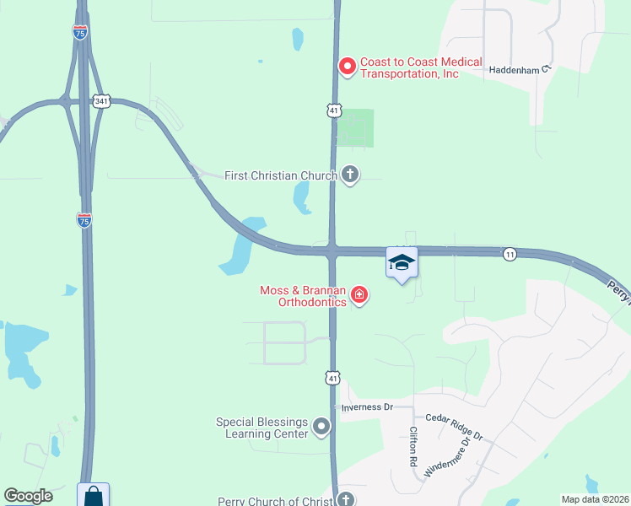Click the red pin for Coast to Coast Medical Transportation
click(347, 67)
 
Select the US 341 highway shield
click(101, 101)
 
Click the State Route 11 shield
click(510, 254)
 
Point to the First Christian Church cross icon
click(350, 175)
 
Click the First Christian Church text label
click(281, 175)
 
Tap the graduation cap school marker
click(402, 262)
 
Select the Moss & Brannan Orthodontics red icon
click(360, 294)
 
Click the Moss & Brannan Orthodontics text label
click(303, 297)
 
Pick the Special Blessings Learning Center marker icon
click(321, 428)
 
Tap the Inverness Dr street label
click(367, 406)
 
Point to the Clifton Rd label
click(413, 448)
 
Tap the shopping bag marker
click(93, 496)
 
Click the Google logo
click(28, 496)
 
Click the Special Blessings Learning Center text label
click(262, 428)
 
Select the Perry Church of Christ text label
click(276, 501)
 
